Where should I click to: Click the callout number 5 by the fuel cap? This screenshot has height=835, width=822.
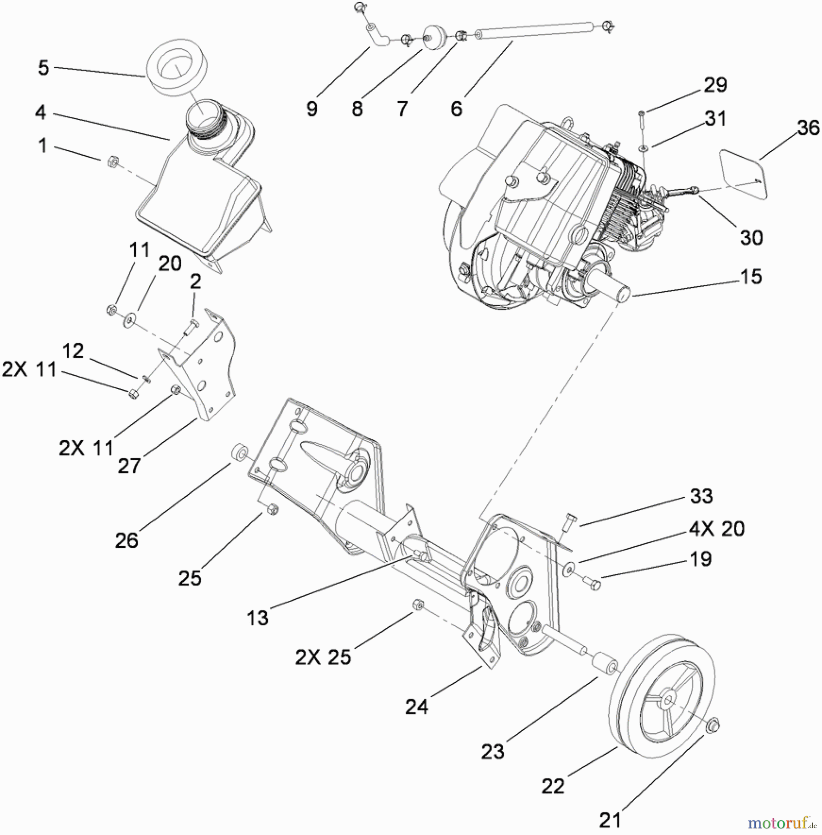click(43, 68)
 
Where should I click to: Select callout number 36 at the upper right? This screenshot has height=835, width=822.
click(808, 128)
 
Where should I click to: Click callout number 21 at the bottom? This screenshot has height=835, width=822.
click(610, 820)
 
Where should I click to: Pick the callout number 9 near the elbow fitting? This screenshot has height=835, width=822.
click(312, 109)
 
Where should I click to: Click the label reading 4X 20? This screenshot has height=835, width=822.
click(716, 529)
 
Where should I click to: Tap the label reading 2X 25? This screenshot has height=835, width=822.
click(323, 657)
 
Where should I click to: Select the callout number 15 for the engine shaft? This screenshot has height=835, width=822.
click(751, 276)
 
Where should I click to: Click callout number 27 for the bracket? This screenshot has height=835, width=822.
click(129, 466)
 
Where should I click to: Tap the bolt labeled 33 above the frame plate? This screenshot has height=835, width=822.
click(570, 522)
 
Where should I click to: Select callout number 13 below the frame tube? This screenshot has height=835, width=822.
click(257, 617)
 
